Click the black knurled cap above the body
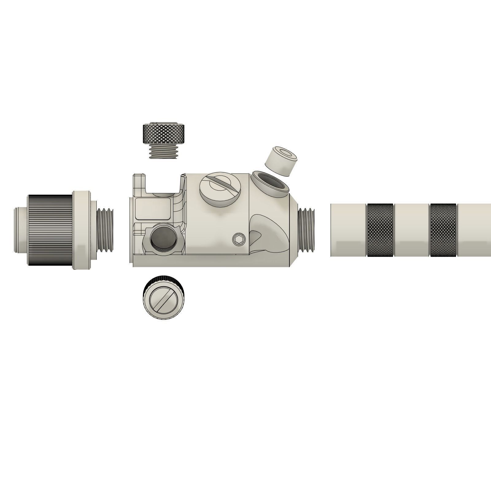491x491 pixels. pyautogui.click(x=164, y=134)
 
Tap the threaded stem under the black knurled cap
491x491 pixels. pyautogui.click(x=164, y=151)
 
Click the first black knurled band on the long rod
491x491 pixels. pyautogui.click(x=380, y=230)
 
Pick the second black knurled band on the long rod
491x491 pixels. pyautogui.click(x=443, y=230)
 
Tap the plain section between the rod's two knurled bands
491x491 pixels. pyautogui.click(x=412, y=230)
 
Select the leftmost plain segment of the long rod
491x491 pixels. pyautogui.click(x=348, y=230)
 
